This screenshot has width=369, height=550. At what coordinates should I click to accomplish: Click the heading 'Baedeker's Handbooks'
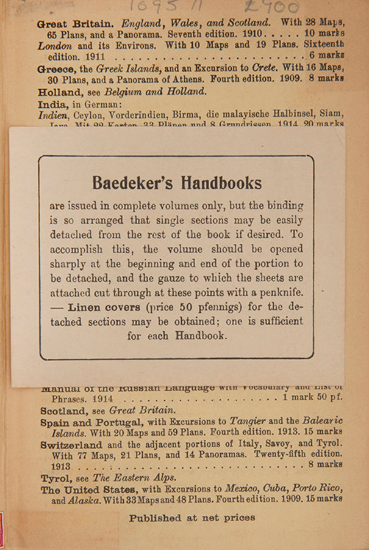(177, 183)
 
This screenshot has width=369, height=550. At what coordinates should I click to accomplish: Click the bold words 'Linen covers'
(104, 307)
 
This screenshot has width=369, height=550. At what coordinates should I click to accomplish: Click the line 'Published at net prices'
(192, 518)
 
